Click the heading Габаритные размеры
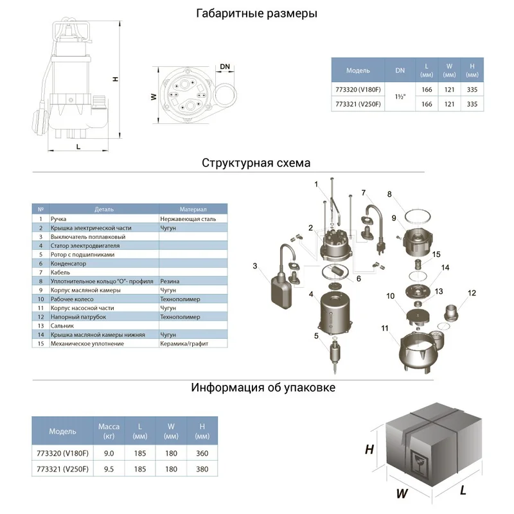(256, 13)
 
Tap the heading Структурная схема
(256, 163)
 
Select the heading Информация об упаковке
(263, 387)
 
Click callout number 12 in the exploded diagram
(472, 293)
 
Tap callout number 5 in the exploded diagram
(316, 335)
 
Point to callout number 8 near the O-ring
(389, 194)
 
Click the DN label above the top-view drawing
(225, 67)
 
